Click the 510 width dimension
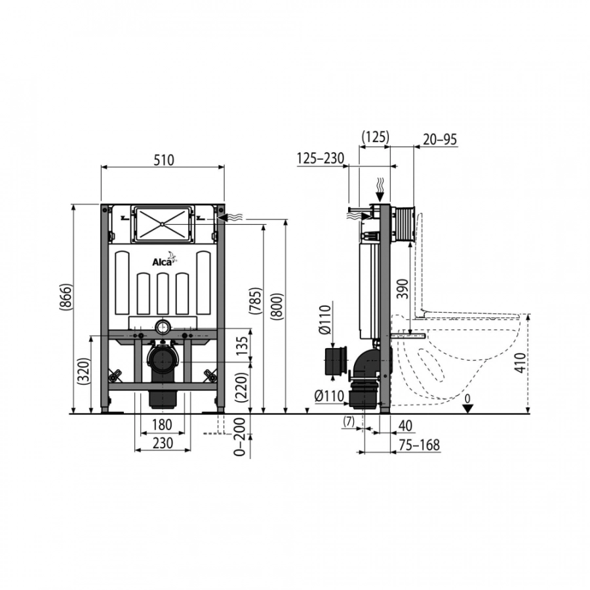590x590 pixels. tap(164, 161)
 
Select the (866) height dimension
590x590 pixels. tap(66, 297)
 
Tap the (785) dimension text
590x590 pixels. tap(256, 301)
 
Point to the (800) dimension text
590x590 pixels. tap(277, 307)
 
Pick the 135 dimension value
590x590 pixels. tap(243, 345)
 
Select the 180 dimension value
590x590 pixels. tap(163, 425)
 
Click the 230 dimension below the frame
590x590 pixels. tap(163, 443)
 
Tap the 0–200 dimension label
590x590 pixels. tap(239, 437)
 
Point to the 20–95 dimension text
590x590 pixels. tap(440, 140)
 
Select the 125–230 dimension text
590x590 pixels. tap(320, 159)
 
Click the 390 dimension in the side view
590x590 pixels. tap(403, 288)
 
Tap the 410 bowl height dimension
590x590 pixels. tap(520, 363)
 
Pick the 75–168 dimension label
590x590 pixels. tap(419, 444)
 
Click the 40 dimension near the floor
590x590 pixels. tap(405, 425)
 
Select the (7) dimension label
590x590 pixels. tap(349, 422)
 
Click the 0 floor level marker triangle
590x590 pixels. tap(467, 408)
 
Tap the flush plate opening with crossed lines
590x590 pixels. tap(162, 224)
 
